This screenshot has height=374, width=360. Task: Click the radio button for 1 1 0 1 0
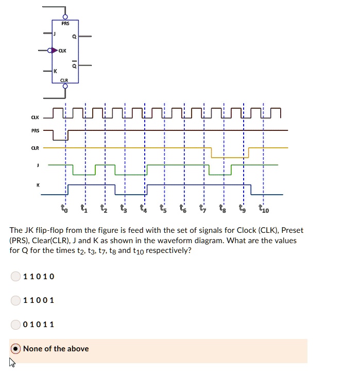15,277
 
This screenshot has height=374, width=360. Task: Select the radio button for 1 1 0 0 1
15,300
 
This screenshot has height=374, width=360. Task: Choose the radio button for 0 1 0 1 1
15,324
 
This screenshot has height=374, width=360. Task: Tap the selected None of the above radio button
15,349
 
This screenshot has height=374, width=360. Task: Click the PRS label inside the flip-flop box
65,24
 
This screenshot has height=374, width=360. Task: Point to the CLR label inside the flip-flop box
64,80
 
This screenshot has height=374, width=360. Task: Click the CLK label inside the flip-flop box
62,50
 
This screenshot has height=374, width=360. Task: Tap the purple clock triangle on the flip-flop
55,50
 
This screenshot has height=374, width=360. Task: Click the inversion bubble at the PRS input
65,17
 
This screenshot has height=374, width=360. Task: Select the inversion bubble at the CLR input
65,86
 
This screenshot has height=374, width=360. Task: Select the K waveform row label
37,184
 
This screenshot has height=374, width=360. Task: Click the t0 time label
64,209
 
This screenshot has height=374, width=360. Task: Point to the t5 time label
164,209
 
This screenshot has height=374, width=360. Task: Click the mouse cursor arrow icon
12,363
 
